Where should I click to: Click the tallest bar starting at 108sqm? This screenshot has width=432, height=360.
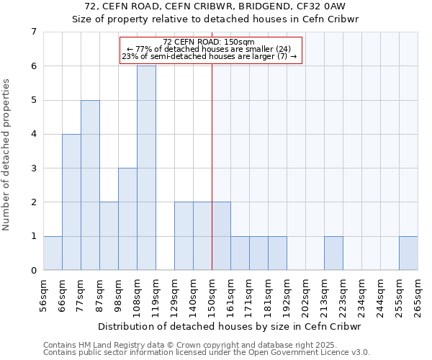click(x=146, y=168)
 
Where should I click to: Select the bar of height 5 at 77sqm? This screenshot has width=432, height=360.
click(x=90, y=185)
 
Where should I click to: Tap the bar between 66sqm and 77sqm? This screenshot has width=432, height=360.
click(x=71, y=202)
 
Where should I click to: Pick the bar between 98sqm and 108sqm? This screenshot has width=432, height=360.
click(x=127, y=219)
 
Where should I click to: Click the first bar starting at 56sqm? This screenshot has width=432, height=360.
click(x=53, y=253)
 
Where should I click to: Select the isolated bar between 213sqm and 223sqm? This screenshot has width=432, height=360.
click(x=333, y=253)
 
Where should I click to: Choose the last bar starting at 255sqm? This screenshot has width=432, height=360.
click(x=408, y=253)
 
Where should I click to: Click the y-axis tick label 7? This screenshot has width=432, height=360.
click(x=33, y=32)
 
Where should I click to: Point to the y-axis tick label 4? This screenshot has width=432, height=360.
click(x=33, y=134)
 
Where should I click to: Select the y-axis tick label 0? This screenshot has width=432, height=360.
click(x=33, y=271)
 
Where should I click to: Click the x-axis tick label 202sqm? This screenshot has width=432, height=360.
click(x=305, y=297)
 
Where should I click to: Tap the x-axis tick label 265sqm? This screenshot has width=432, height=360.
click(x=418, y=297)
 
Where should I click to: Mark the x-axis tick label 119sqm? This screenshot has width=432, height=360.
click(x=156, y=297)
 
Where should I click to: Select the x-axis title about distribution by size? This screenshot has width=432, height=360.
click(x=230, y=326)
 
